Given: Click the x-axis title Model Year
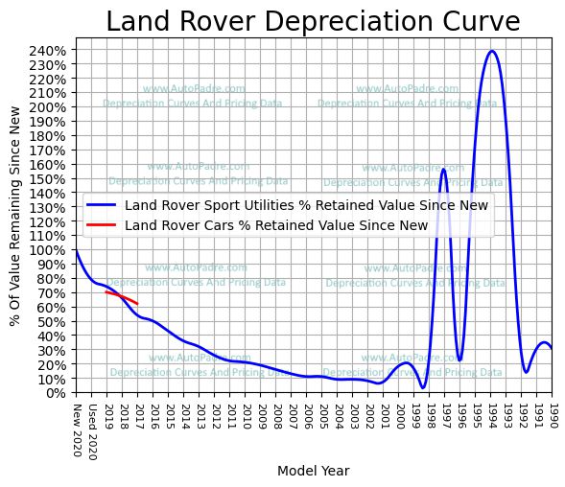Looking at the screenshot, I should pos(313,471).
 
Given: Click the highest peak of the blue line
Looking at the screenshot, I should pos(492,52).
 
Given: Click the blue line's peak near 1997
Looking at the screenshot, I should pos(442,169).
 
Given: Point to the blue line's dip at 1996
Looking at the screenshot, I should pos(459,360).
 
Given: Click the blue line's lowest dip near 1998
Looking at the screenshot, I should pos(423,387).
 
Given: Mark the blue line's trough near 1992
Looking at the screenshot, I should pos(526,372).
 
